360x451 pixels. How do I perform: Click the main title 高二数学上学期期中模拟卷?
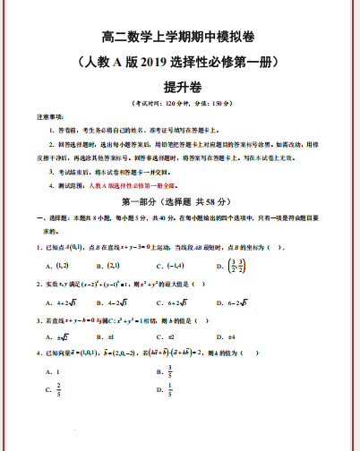pos(178,38)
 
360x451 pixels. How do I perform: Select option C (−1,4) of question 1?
pos(171,266)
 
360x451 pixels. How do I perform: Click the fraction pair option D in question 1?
pos(236,266)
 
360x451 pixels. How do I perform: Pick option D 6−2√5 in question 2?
pos(236,302)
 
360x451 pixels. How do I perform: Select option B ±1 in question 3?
pos(111,336)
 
